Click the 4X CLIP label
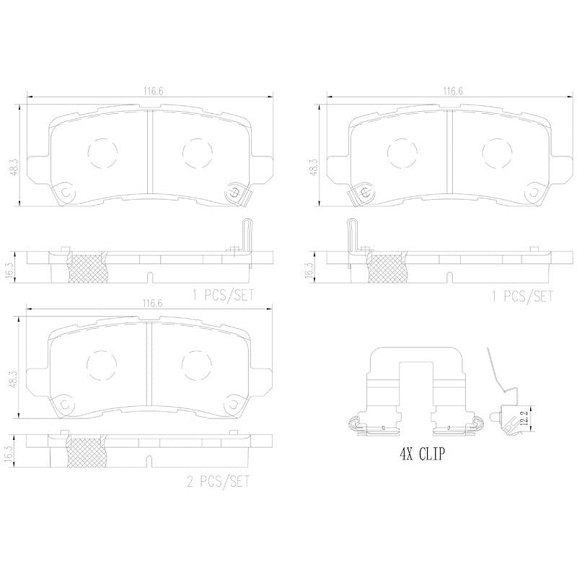pyautogui.click(x=422, y=454)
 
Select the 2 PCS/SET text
pyautogui.click(x=218, y=482)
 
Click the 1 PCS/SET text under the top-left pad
pyautogui.click(x=223, y=295)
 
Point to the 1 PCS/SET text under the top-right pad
pyautogui.click(x=522, y=296)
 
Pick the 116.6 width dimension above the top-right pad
pyautogui.click(x=453, y=92)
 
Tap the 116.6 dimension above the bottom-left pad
pyautogui.click(x=152, y=303)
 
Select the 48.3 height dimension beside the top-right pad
pyautogui.click(x=314, y=167)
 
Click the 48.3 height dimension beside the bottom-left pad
pyautogui.click(x=14, y=380)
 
